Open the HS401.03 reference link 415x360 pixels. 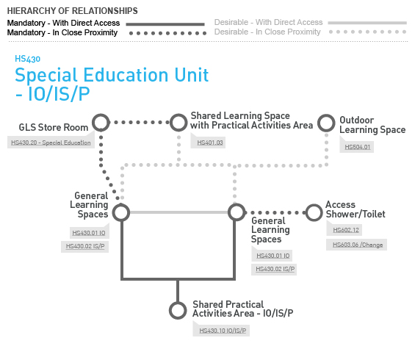210,143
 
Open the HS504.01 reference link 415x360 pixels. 357,147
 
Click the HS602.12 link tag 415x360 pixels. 346,230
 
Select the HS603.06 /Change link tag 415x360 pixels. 358,245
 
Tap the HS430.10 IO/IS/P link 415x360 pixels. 223,331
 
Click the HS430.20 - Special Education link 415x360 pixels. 51,143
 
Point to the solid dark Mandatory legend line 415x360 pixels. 165,24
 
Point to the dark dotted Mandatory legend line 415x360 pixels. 167,33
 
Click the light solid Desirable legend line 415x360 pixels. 367,23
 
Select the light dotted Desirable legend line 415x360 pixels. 367,32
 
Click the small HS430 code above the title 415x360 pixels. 27,59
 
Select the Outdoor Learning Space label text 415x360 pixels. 372,125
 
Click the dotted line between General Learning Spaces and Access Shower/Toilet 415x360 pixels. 275,212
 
